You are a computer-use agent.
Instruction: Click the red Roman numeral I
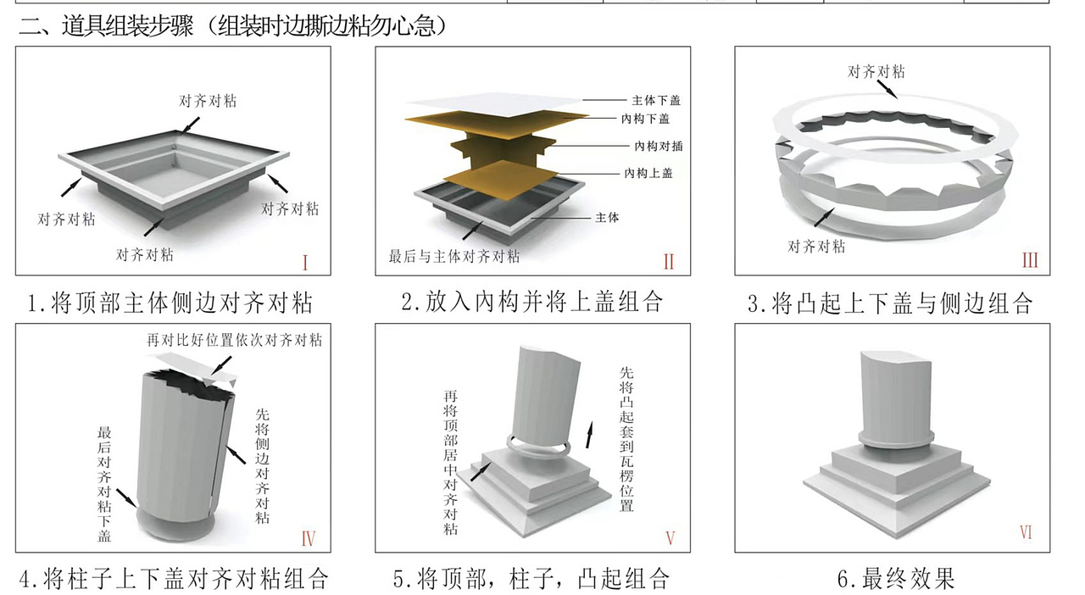(x=304, y=262)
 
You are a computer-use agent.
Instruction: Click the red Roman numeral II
(x=668, y=262)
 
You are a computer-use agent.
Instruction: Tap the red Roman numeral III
(x=1029, y=260)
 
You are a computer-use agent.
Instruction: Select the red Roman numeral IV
(x=308, y=537)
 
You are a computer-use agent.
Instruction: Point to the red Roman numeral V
(x=670, y=537)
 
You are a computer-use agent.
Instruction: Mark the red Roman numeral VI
(x=1026, y=532)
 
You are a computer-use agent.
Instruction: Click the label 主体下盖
(x=656, y=100)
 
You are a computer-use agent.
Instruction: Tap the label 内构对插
(x=658, y=146)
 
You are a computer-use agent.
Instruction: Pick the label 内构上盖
(x=648, y=173)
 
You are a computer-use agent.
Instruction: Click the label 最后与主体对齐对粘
(x=454, y=256)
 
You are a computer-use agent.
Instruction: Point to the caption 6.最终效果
(x=895, y=579)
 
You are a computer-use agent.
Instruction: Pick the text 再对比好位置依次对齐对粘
(x=234, y=341)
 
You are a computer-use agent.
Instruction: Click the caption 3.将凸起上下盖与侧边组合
(x=889, y=303)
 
